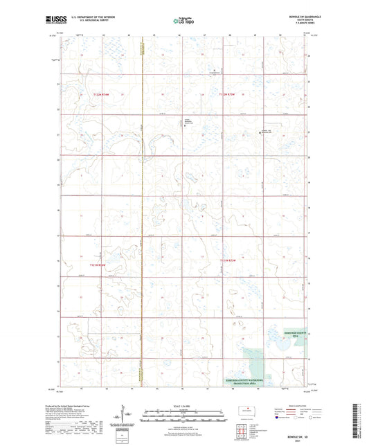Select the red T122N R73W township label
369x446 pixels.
231,94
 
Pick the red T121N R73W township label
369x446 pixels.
226,260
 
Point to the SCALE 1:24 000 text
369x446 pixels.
184,407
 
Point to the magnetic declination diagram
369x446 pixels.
126,417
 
